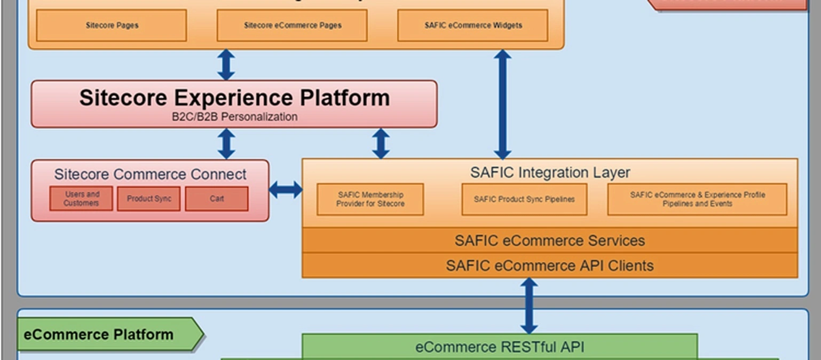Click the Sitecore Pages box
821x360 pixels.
[x=112, y=25]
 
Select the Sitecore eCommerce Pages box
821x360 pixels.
[x=292, y=25]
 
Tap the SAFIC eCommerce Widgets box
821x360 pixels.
[x=472, y=25]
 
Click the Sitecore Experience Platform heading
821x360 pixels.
[x=234, y=98]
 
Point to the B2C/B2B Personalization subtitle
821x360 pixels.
[x=234, y=117]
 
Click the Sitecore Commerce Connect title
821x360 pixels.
[x=150, y=174]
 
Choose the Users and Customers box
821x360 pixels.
[x=81, y=199]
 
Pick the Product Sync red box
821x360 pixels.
[x=149, y=199]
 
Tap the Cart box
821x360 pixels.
[x=217, y=199]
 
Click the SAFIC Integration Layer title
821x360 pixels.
[x=550, y=173]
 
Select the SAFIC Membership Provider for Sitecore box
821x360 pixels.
[x=370, y=199]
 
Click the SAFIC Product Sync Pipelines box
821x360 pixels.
[x=524, y=199]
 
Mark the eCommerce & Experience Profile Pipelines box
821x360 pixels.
[x=697, y=199]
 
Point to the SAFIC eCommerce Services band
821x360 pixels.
[x=550, y=240]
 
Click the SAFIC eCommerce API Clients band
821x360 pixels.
[x=550, y=265]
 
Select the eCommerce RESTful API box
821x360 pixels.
[x=500, y=347]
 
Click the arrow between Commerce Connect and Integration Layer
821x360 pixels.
[x=286, y=190]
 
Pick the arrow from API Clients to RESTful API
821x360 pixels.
[x=528, y=306]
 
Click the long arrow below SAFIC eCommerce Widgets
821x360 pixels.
[x=502, y=104]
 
